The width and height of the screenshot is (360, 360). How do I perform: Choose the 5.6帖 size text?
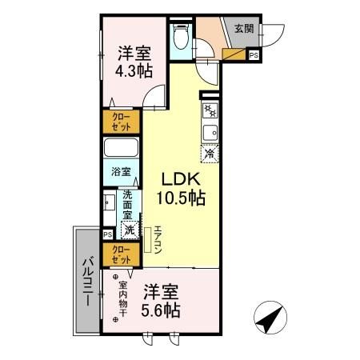pyautogui.click(x=162, y=309)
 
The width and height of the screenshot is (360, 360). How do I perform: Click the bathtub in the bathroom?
pyautogui.click(x=122, y=149)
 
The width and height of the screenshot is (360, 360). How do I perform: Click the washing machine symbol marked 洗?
pyautogui.click(x=129, y=230)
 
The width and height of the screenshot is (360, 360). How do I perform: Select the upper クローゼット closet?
pyautogui.click(x=121, y=122)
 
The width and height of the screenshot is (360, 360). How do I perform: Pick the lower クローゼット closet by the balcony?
pyautogui.click(x=121, y=255)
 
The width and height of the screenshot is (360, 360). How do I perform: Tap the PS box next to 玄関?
pyautogui.click(x=254, y=55)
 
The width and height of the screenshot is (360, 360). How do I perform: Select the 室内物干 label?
pyautogui.click(x=122, y=298)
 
